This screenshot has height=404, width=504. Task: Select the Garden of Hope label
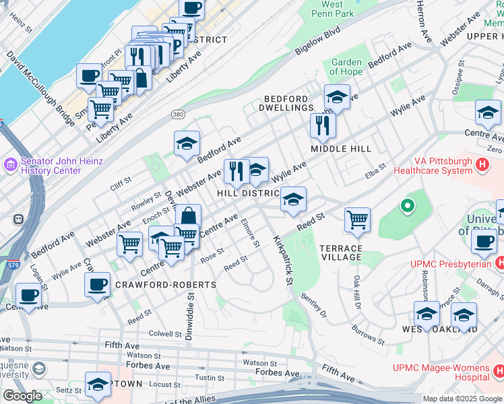(347, 67)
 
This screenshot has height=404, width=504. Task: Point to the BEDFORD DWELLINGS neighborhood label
(288, 103)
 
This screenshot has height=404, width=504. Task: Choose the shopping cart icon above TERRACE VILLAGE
(357, 219)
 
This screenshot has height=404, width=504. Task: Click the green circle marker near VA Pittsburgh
(406, 206)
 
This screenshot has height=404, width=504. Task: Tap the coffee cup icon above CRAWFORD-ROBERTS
(98, 283)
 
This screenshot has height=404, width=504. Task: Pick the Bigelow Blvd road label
(318, 42)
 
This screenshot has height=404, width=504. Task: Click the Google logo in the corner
(22, 396)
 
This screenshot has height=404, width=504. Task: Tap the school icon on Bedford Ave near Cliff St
(187, 143)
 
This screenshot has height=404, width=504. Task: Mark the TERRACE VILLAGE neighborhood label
(341, 252)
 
